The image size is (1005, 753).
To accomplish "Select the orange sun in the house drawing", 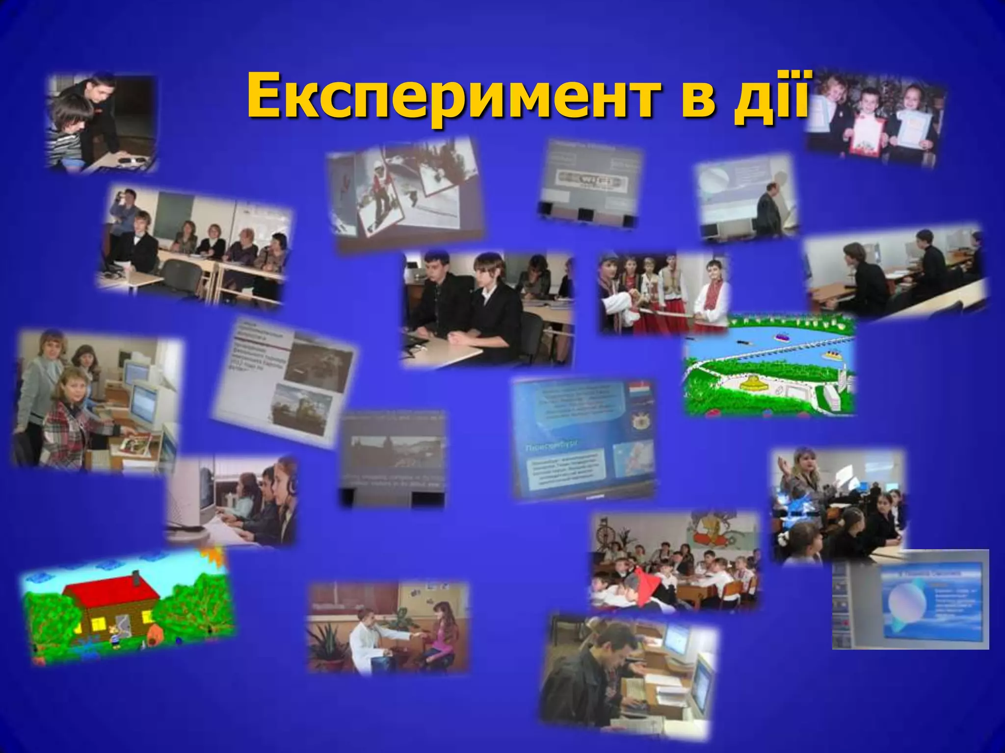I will [216, 557].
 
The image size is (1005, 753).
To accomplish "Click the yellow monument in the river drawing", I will [753, 382].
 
